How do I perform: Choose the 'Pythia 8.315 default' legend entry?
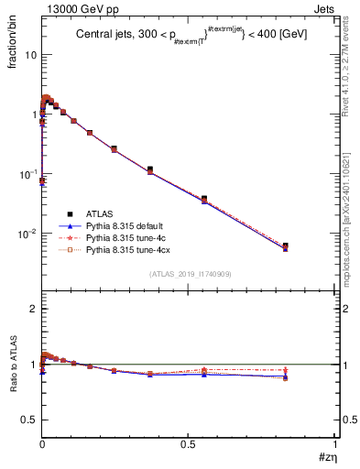[x=125, y=224]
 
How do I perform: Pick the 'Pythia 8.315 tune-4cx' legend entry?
[x=127, y=248]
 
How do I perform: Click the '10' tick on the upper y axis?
[x=31, y=55]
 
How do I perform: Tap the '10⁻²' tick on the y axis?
[x=27, y=234]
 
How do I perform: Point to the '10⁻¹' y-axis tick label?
[x=27, y=174]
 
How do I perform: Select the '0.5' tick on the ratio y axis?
[x=29, y=420]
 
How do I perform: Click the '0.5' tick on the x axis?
[x=188, y=443]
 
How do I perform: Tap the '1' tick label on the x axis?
[x=333, y=443]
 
